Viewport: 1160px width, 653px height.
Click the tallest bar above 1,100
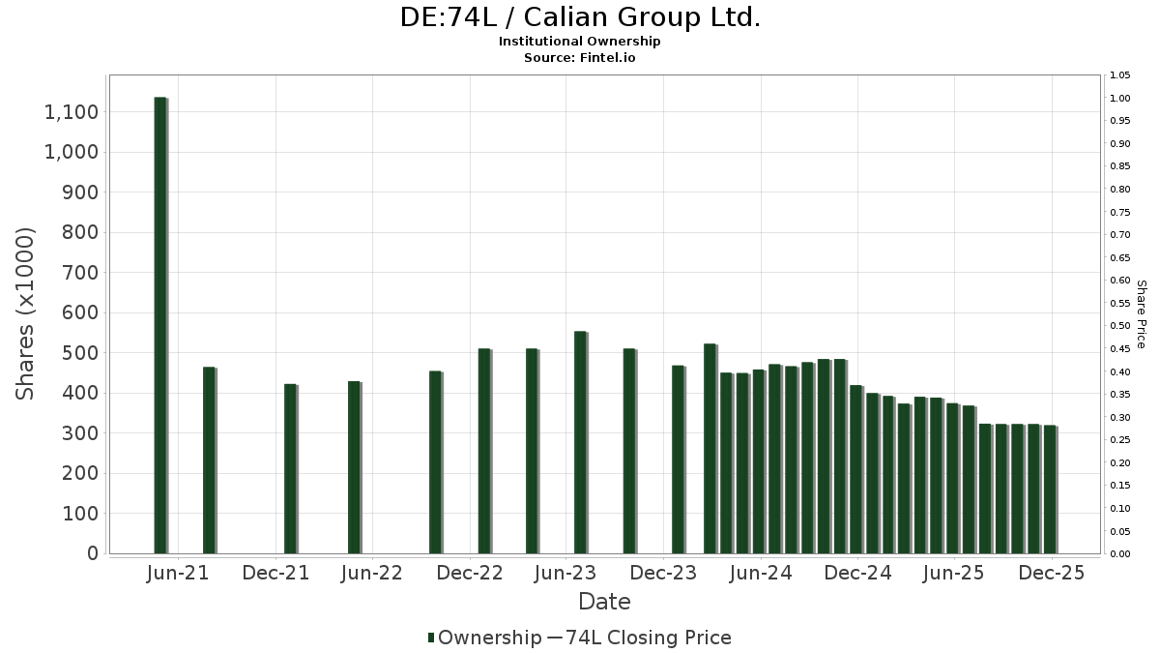(x=160, y=325)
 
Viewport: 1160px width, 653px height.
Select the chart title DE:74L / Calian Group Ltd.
(x=580, y=17)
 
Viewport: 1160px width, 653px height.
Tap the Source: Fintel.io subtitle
(x=580, y=57)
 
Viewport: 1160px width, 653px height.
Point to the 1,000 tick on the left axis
(x=71, y=153)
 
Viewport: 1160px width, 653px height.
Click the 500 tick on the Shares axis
(x=78, y=353)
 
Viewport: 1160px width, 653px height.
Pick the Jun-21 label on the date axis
(x=179, y=573)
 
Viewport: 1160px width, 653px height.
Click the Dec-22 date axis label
(x=470, y=573)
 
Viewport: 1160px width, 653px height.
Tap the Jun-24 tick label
(x=761, y=573)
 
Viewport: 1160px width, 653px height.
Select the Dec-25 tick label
(x=1052, y=573)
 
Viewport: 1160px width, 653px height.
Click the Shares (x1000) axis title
(x=26, y=313)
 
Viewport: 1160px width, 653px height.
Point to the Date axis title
(x=604, y=602)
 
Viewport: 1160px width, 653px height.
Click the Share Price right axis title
(x=1141, y=313)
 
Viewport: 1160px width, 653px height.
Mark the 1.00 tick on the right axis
(x=1119, y=99)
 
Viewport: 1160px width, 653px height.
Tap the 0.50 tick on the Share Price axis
(x=1119, y=326)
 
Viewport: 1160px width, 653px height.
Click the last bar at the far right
(x=1050, y=490)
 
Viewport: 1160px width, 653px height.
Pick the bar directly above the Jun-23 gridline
(x=580, y=443)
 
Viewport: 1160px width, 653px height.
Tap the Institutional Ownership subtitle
(x=580, y=42)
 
